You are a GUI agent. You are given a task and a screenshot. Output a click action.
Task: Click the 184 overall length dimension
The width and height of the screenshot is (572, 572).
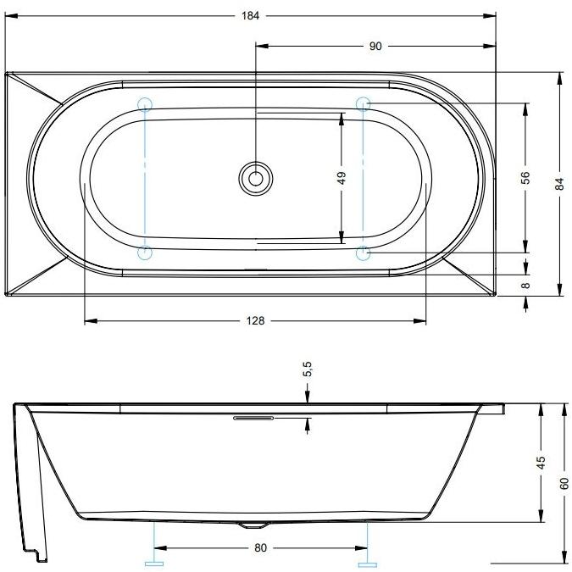250,16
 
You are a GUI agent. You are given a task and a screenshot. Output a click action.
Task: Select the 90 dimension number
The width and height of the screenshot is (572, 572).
375,47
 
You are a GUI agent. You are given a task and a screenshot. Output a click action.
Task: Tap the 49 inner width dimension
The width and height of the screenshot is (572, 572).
342,178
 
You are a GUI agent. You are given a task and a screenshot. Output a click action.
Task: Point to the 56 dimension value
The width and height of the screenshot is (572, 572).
525,177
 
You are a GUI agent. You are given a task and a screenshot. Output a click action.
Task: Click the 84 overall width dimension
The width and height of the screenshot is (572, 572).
559,184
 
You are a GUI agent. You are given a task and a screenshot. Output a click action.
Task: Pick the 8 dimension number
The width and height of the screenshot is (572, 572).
525,286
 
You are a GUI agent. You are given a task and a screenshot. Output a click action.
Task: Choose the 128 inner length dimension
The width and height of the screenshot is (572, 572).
255,320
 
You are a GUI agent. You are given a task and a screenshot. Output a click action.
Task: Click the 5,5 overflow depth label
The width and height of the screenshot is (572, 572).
308,369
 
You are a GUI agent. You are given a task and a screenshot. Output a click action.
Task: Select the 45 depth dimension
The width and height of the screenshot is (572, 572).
541,463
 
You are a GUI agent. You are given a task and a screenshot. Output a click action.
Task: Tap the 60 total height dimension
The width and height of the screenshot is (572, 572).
564,484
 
